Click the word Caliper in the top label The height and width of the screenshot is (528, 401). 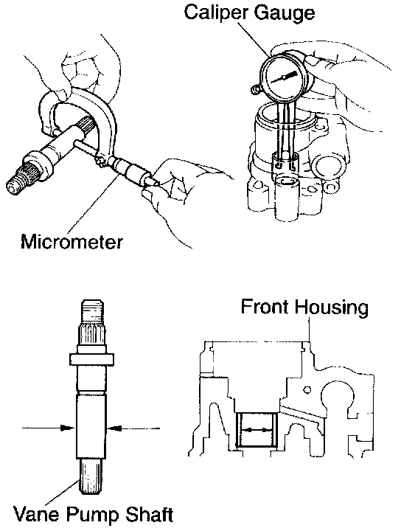point(216,13)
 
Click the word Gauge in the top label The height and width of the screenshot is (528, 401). point(285,13)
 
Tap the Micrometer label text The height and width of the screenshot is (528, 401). point(72,241)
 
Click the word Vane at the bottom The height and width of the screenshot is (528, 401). point(36,514)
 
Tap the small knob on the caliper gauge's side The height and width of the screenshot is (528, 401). point(256,89)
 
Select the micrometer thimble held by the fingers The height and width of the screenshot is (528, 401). point(138,173)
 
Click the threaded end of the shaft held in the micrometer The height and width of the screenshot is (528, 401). point(15,184)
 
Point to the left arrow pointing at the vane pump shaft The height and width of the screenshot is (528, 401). point(48,428)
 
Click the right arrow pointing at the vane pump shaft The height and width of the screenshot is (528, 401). point(133,428)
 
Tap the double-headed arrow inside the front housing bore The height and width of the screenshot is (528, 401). point(257,430)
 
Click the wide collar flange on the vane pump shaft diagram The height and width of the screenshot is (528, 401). point(91,359)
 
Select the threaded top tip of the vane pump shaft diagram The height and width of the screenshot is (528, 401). point(91,312)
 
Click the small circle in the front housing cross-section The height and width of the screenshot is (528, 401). point(307,390)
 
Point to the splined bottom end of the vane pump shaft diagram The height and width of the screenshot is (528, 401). point(91,476)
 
